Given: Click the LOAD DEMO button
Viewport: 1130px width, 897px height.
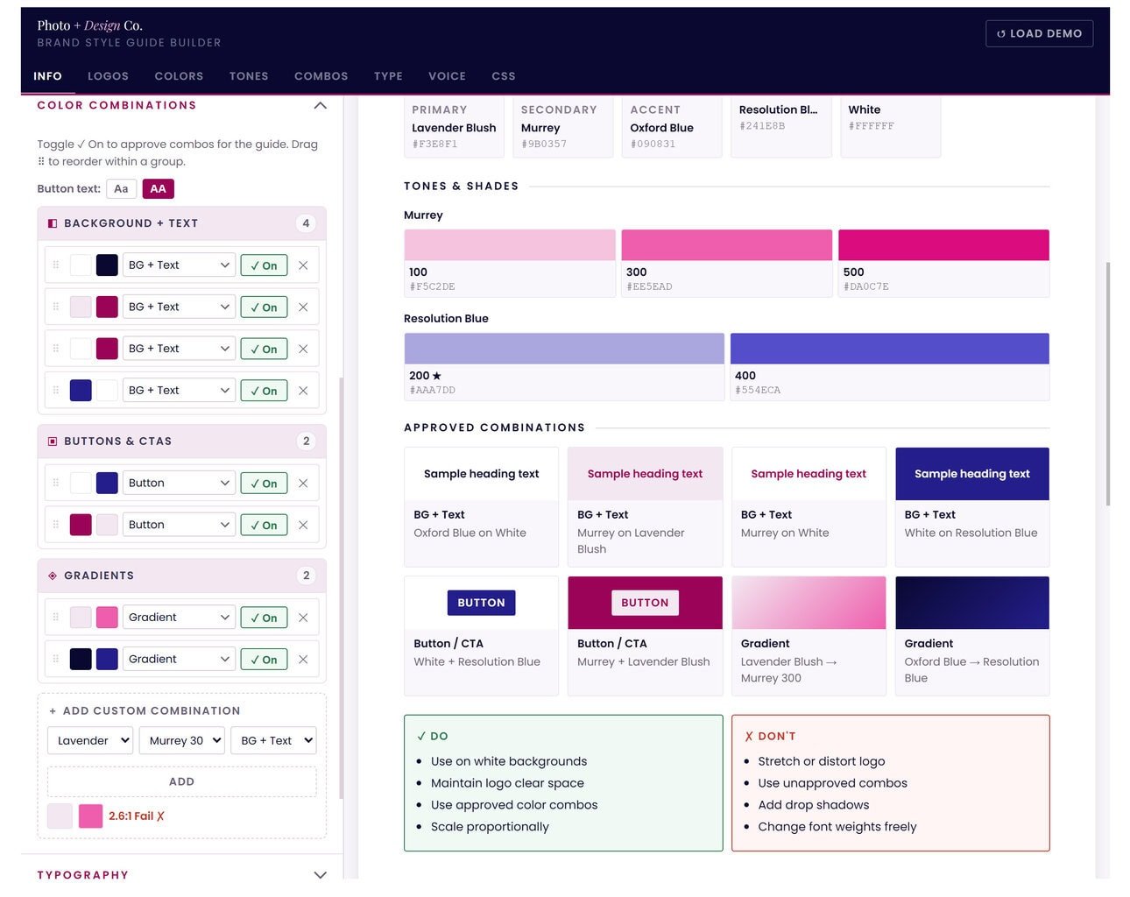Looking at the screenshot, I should pyautogui.click(x=1039, y=33).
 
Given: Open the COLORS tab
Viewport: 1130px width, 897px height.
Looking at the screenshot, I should pyautogui.click(x=179, y=76).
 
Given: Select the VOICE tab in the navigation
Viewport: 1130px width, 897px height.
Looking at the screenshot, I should pyautogui.click(x=447, y=76).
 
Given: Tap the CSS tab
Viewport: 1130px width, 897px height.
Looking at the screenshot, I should pyautogui.click(x=503, y=76).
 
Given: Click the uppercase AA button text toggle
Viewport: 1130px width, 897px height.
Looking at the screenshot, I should pyautogui.click(x=158, y=189).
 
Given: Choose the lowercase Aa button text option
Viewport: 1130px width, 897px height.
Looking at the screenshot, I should pyautogui.click(x=121, y=189).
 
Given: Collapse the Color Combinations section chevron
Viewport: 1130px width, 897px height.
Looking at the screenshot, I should pyautogui.click(x=320, y=106).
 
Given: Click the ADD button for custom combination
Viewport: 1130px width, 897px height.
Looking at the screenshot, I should pyautogui.click(x=181, y=781).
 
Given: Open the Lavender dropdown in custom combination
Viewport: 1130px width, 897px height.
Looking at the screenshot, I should pyautogui.click(x=90, y=740).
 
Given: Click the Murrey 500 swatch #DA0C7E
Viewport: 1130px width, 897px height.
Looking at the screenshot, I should pyautogui.click(x=943, y=246).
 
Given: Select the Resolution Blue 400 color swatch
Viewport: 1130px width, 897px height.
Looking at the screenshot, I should pyautogui.click(x=889, y=349).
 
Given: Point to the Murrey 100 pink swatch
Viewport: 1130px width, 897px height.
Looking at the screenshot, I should pyautogui.click(x=509, y=246).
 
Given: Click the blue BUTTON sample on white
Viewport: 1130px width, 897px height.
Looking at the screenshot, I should pyautogui.click(x=481, y=603).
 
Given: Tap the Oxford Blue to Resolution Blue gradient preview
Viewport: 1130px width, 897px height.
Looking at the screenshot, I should pyautogui.click(x=971, y=603).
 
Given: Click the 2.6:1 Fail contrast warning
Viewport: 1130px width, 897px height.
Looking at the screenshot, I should pyautogui.click(x=137, y=816).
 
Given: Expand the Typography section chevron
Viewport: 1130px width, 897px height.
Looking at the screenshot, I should pyautogui.click(x=320, y=874).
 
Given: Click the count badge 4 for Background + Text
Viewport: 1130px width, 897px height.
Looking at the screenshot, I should pyautogui.click(x=306, y=223).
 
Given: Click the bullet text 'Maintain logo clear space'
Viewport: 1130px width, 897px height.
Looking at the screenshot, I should pyautogui.click(x=507, y=783).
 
